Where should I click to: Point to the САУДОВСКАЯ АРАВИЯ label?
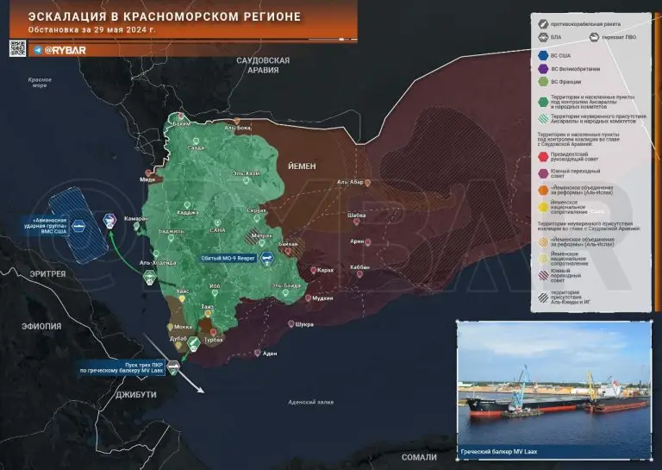point(263,66)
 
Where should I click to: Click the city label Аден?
point(270,354)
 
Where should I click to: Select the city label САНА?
point(217,231)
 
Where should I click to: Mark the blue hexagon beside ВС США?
point(543,54)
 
